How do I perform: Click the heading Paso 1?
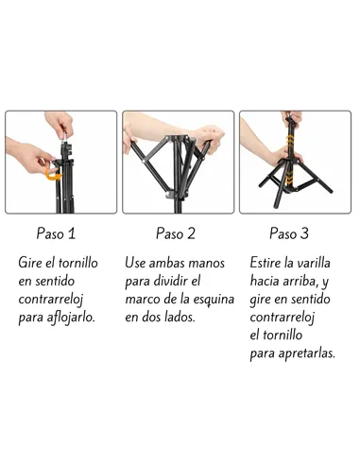56,233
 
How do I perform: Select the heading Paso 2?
176,233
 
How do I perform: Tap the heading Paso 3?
289,233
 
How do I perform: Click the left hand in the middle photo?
133,140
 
